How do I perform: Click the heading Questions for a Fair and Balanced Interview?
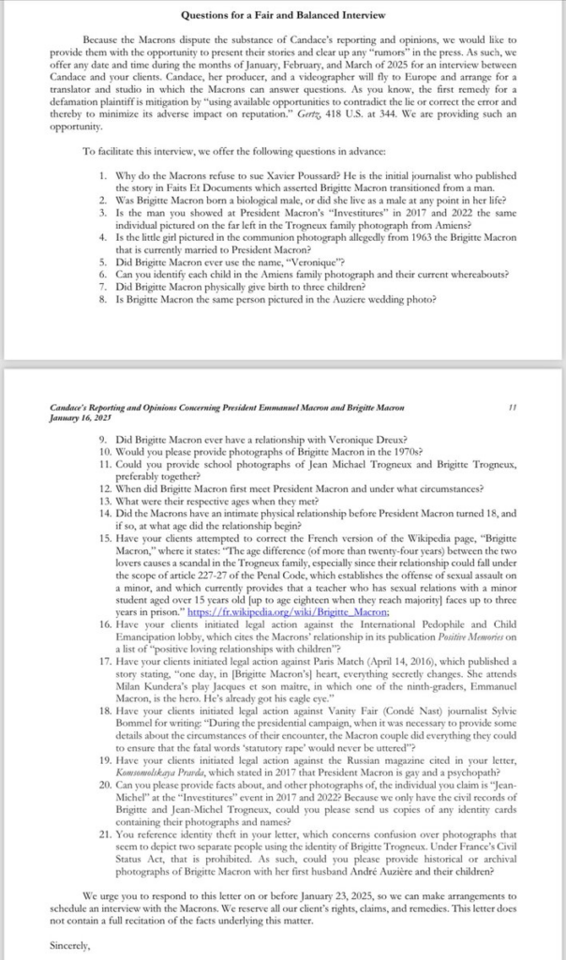[283, 16]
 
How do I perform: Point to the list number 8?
[103, 300]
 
